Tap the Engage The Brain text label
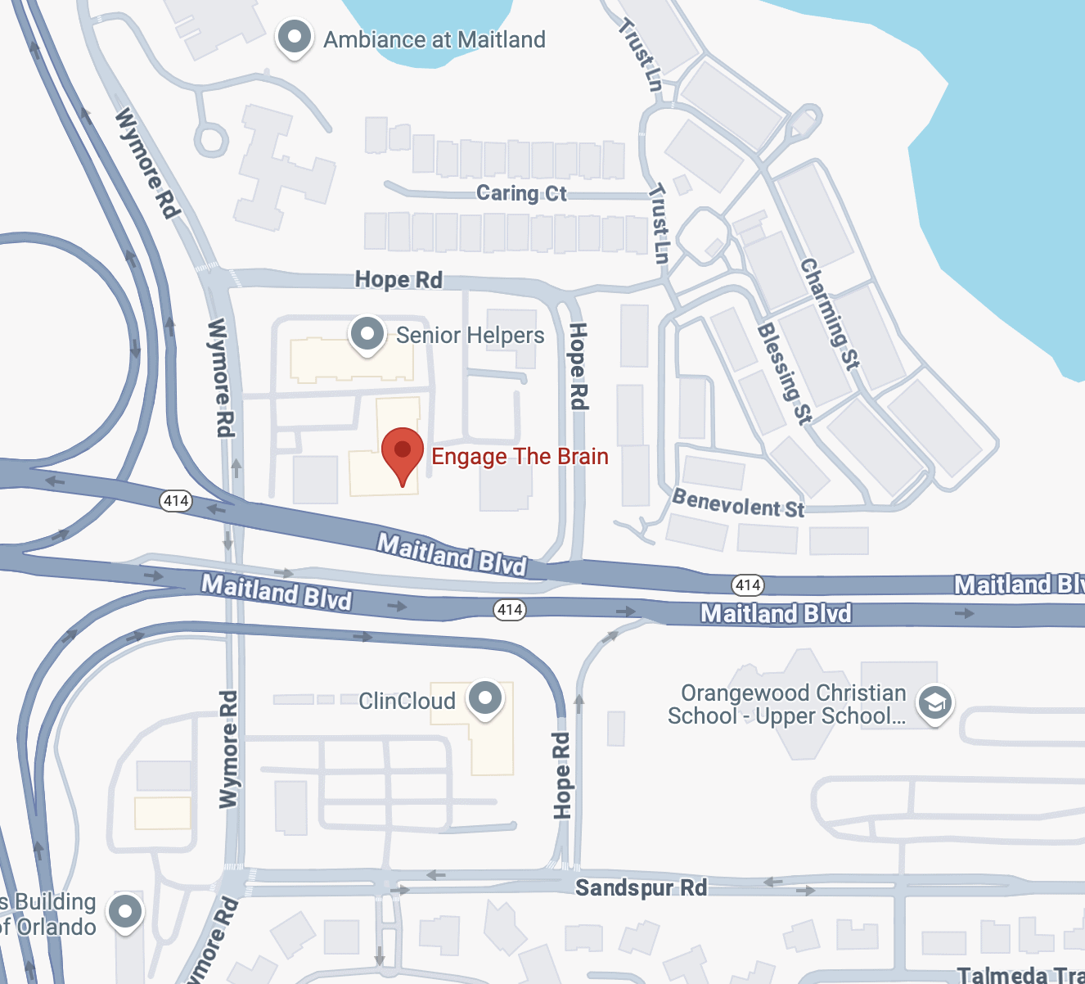click(520, 457)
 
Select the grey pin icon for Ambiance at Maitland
click(294, 38)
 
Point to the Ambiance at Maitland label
click(434, 39)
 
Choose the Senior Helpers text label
click(470, 336)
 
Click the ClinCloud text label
click(407, 702)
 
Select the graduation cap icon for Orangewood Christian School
click(934, 703)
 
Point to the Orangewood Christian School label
click(788, 705)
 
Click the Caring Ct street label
click(521, 193)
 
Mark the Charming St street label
click(830, 314)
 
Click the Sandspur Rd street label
click(641, 887)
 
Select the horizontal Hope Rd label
click(398, 280)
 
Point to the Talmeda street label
click(1020, 975)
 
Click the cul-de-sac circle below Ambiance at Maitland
click(211, 139)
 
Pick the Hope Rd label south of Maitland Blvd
click(561, 775)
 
